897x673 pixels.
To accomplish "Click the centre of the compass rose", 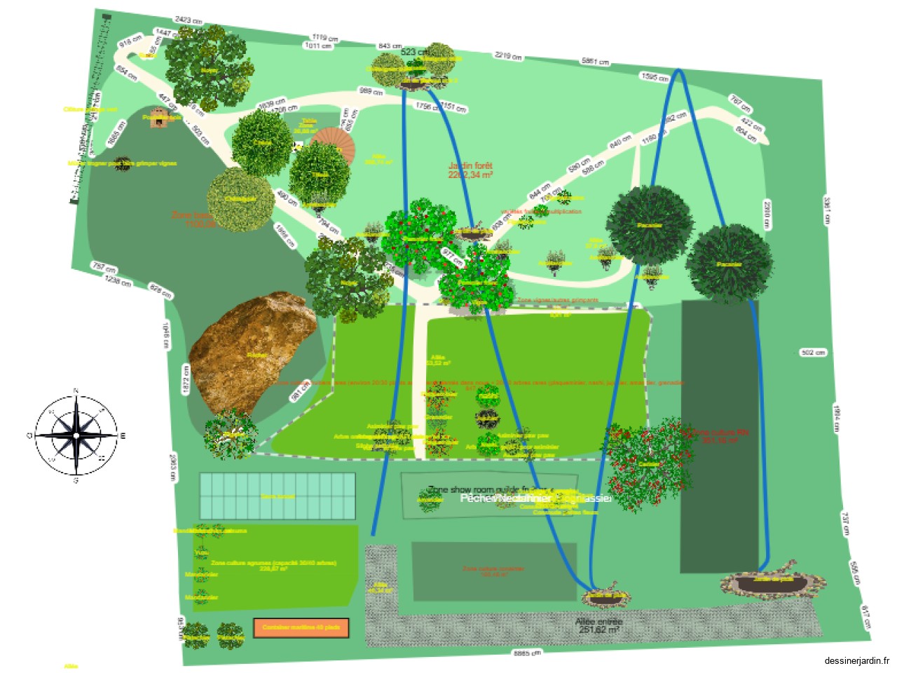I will click(76, 435).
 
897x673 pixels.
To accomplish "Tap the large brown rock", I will click(249, 354).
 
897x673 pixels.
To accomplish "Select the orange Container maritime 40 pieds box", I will click(301, 627).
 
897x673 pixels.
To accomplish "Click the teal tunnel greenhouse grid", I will click(278, 496).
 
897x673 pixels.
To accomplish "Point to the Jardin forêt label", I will click(470, 170).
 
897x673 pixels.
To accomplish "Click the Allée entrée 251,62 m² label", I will click(598, 625).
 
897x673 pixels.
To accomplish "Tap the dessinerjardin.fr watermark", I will click(856, 660).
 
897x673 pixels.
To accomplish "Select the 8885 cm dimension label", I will click(527, 653).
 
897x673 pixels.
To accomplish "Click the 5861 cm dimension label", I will click(595, 62).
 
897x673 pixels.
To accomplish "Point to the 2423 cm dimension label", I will click(189, 20).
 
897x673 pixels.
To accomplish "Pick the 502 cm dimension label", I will click(812, 353).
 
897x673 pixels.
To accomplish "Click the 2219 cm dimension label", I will click(508, 55).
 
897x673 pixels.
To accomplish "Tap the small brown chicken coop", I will click(160, 118).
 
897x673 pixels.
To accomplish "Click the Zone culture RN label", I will click(720, 436).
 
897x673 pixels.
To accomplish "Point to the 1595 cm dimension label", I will click(655, 77).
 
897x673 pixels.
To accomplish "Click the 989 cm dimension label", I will click(371, 91).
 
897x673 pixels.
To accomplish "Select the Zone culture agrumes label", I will click(273, 565).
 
